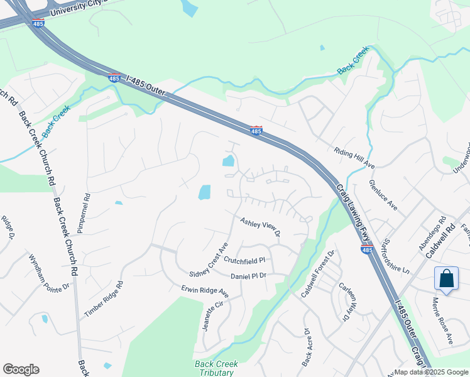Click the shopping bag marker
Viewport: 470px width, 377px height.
coord(446,278)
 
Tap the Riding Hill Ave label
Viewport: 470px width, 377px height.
coord(354,158)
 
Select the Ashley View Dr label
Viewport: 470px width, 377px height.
coord(260,227)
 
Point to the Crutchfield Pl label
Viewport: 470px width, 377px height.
coord(245,260)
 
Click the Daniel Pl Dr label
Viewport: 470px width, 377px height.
coord(249,276)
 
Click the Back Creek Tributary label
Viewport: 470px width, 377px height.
coord(217,368)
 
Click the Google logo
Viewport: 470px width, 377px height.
coord(21,369)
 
